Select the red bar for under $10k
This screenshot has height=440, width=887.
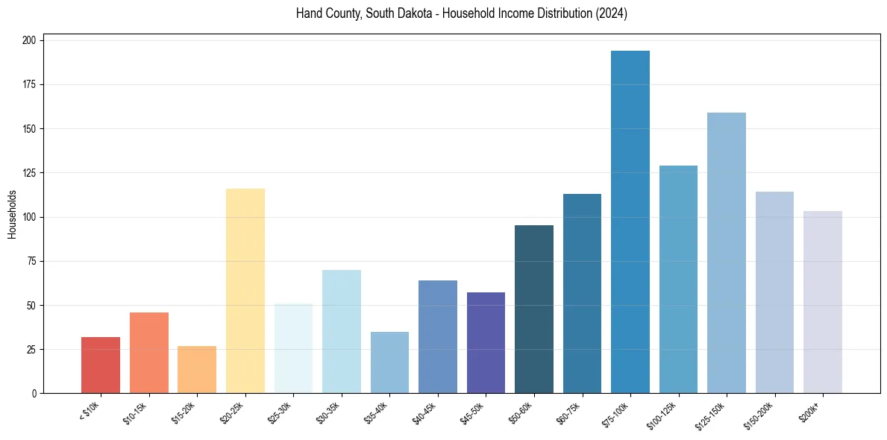pyautogui.click(x=101, y=365)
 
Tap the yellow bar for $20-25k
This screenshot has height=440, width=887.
pyautogui.click(x=245, y=291)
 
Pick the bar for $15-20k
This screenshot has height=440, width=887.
pyautogui.click(x=197, y=370)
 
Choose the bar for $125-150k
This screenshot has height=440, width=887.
pyautogui.click(x=727, y=253)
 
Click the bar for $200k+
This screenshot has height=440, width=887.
pyautogui.click(x=823, y=302)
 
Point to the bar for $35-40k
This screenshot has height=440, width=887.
pyautogui.click(x=389, y=362)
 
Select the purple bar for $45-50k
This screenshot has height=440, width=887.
pyautogui.click(x=486, y=343)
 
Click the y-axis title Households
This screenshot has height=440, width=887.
pyautogui.click(x=12, y=214)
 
